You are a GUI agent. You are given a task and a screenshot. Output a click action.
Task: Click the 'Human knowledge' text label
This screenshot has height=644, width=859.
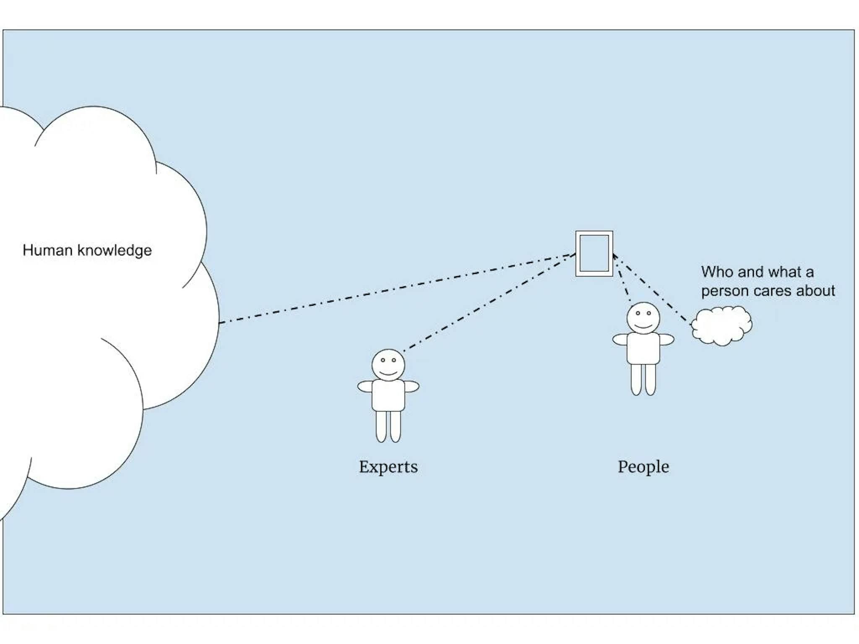87,250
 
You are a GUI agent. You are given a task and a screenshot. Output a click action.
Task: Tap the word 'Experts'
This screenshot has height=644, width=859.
388,467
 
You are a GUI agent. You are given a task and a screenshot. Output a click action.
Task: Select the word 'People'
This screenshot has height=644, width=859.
643,467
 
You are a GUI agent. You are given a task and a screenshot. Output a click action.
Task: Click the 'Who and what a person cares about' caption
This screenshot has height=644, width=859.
767,281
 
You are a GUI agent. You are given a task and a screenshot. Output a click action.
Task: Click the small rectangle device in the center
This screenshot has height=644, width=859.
594,254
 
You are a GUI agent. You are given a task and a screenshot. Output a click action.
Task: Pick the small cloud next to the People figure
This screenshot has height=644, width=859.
721,326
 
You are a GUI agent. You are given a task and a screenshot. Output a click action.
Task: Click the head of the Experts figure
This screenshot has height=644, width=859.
388,365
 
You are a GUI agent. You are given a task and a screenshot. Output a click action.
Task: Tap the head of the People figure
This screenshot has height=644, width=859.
643,318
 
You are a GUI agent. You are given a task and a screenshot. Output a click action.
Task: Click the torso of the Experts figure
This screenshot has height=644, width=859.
388,395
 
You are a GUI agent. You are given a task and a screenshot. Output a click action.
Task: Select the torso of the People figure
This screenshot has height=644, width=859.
643,348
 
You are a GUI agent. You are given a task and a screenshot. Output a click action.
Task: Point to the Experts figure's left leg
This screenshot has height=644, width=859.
381,426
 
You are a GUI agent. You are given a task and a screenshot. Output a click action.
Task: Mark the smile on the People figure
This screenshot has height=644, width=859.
643,326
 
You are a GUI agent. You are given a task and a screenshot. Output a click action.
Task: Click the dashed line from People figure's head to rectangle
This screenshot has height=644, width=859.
622,279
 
